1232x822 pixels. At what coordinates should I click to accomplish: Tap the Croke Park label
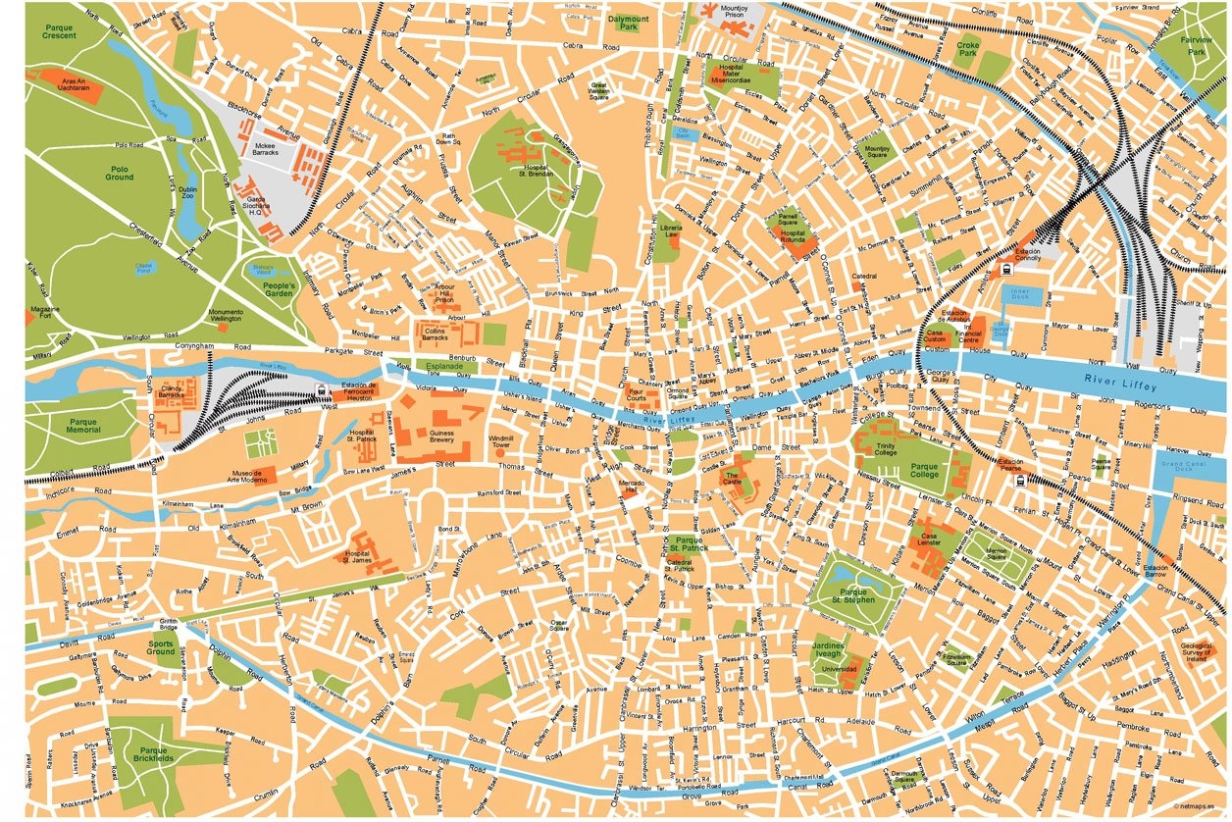click(967, 51)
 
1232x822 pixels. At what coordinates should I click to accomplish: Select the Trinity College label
click(886, 448)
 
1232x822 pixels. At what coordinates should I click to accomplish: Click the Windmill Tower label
click(501, 441)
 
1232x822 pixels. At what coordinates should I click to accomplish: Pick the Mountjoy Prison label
click(734, 13)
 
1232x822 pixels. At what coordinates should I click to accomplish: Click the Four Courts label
click(637, 395)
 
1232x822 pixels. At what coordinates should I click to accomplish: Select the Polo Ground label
click(120, 174)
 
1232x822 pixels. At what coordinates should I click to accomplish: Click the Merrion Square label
click(997, 555)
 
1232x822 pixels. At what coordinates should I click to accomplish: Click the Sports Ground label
click(161, 648)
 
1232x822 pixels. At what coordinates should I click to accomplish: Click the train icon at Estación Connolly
click(1007, 269)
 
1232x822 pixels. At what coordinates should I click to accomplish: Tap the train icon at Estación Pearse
click(1019, 481)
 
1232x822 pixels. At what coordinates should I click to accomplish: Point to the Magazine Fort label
click(45, 313)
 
